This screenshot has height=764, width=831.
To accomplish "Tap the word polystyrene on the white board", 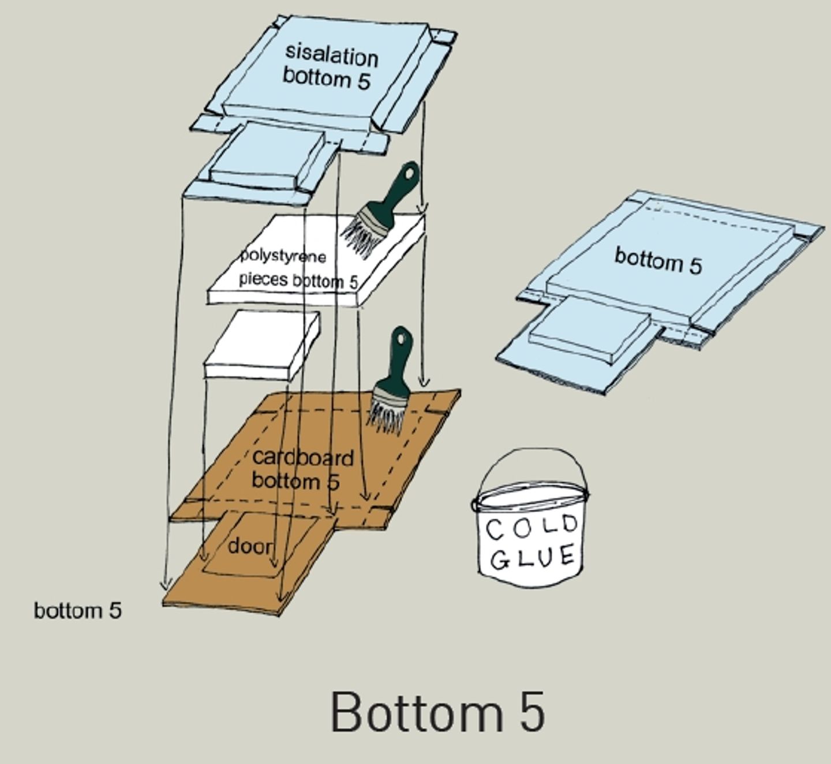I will pos(283,256).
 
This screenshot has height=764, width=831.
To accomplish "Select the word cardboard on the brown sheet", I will pos(302,458).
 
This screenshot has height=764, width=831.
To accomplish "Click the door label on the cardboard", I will pos(249,545).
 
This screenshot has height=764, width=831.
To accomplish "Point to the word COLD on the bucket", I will pos(531,527).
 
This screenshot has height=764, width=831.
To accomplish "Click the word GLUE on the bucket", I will pos(534,557).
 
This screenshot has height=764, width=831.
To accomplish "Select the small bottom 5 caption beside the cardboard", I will pos(78,610).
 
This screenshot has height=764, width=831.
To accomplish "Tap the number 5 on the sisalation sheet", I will pos(362,81).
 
